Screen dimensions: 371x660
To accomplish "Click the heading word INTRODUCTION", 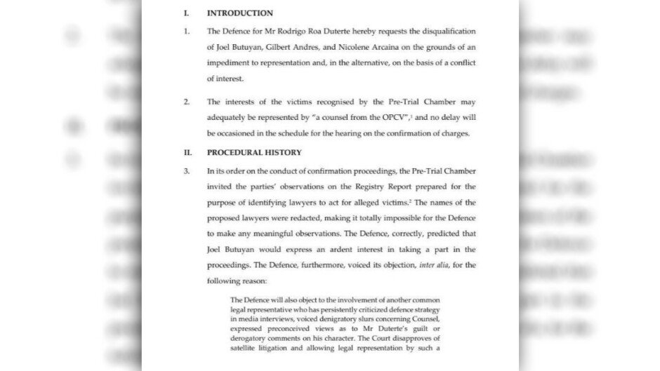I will [239, 13].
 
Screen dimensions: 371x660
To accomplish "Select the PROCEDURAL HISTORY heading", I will [254, 152].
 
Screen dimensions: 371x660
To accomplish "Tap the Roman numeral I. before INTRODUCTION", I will [186, 13].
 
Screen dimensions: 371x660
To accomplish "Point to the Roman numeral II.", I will [187, 152].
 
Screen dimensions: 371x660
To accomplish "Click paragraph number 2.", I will [187, 102].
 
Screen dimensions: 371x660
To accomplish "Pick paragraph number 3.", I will [187, 171].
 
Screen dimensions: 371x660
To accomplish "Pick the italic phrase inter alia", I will [435, 265].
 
